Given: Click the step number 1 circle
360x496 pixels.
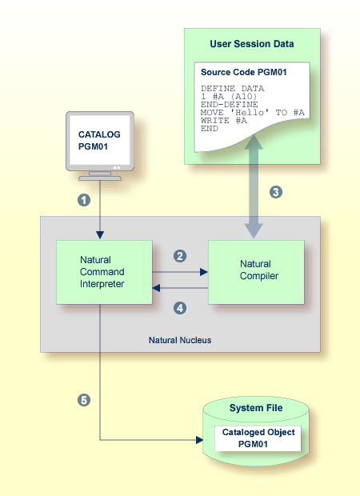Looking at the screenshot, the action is tap(84, 200).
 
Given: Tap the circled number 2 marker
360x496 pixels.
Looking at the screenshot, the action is tap(180, 256).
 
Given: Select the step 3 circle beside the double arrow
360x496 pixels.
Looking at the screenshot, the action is tap(276, 192).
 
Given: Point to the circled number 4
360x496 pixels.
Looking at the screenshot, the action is tap(180, 308).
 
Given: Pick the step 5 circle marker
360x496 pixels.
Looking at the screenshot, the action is tap(84, 400).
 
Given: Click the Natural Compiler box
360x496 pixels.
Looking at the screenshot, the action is tap(256, 272).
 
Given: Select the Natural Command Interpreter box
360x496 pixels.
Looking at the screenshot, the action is tap(104, 272).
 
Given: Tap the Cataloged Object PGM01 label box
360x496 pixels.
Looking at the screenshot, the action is tap(258, 438).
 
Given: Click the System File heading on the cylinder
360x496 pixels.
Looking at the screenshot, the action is tap(256, 408).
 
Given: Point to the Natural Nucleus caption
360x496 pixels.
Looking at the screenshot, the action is tap(180, 340).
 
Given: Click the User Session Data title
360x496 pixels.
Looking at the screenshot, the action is tap(252, 44).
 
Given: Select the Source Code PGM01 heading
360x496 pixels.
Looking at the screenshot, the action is tap(243, 72).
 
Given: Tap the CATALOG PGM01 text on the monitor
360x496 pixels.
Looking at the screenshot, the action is tap(99, 141).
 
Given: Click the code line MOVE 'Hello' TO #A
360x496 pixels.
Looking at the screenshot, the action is tap(253, 113).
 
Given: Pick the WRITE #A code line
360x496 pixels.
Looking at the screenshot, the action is tap(224, 121).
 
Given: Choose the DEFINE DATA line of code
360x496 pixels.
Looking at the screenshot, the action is tap(233, 88).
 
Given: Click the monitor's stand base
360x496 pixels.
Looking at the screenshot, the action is tap(100, 178).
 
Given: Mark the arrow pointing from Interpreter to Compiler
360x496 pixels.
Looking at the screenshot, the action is tap(180, 272).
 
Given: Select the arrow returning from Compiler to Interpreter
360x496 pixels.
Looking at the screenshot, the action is tap(180, 288).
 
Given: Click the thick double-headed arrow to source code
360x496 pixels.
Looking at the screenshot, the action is tap(254, 186).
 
